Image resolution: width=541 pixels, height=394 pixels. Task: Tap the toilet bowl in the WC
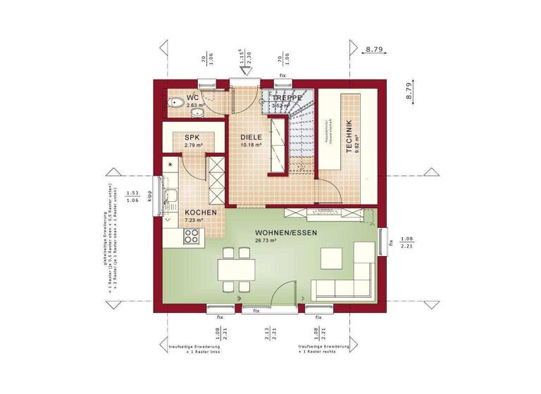pyautogui.click(x=175, y=104)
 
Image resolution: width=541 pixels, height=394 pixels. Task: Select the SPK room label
pyautogui.click(x=193, y=137)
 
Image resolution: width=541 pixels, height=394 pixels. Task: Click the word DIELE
pyautogui.click(x=251, y=137)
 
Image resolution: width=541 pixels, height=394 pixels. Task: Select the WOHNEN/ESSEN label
pyautogui.click(x=286, y=232)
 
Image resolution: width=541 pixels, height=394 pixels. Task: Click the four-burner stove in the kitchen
pyautogui.click(x=192, y=238)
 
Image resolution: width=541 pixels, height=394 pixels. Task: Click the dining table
pyautogui.click(x=235, y=268)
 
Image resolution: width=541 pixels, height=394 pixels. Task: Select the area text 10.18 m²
pyautogui.click(x=251, y=145)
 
